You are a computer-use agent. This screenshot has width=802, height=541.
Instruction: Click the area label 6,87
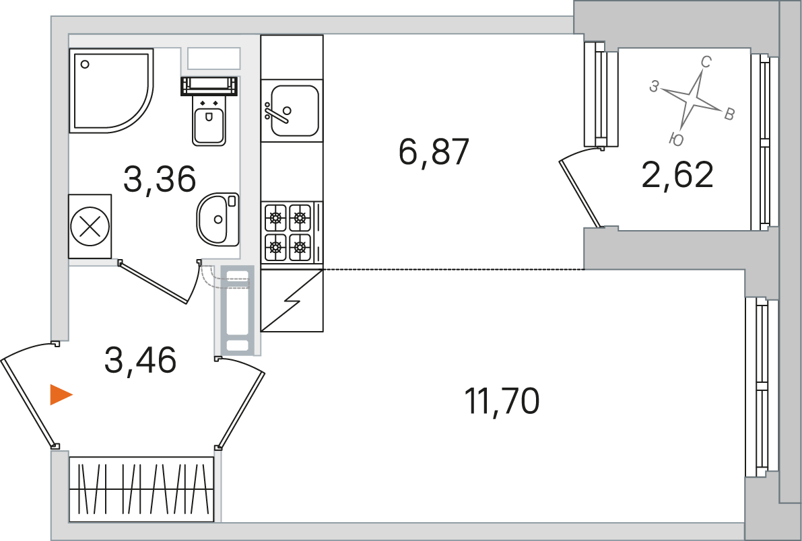point(434,152)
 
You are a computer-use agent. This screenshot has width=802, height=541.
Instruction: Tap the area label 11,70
point(501,401)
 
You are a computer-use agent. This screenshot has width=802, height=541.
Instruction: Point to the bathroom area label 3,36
point(160,179)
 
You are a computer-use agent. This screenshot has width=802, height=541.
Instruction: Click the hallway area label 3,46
point(140,359)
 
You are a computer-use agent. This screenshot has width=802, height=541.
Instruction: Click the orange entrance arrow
point(61,395)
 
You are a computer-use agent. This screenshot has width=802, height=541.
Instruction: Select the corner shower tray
point(111,91)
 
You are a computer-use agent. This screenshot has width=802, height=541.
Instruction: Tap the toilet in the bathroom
point(209,111)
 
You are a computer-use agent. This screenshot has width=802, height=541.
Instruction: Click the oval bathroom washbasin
point(218,219)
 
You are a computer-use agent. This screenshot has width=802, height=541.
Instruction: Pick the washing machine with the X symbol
point(90,227)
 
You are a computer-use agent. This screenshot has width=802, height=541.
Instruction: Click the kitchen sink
point(292,110)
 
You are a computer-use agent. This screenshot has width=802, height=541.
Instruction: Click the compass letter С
point(705,63)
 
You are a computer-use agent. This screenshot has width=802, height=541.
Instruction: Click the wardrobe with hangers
point(141,489)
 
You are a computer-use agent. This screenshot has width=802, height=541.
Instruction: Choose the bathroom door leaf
point(153,282)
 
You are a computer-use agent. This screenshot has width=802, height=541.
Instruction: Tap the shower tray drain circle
point(86,65)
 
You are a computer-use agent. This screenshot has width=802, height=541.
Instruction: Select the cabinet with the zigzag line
point(292,301)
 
